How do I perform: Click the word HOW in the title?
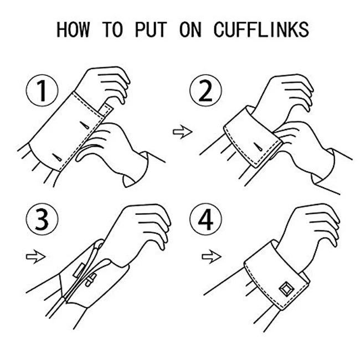coord(73,29)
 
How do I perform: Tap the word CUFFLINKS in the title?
coord(261,29)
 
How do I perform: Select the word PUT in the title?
coord(151,29)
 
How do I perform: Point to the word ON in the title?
coord(191,29)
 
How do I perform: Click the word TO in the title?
coord(112,29)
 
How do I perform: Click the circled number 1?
coord(42,90)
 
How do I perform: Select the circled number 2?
coord(205,90)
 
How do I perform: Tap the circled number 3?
coord(42,219)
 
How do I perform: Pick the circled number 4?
coord(205,219)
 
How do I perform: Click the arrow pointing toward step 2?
coord(183,132)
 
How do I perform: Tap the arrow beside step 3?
coord(36,256)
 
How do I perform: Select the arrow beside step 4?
coord(212,256)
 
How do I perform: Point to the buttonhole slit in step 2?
coord(258,147)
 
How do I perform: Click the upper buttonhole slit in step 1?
coord(84,125)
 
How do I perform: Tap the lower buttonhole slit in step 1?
coord(57,157)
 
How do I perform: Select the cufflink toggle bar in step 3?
coord(90,280)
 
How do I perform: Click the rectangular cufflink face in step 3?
coord(79,270)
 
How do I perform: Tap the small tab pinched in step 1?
coord(106,110)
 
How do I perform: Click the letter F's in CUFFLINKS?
coord(247,29)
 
